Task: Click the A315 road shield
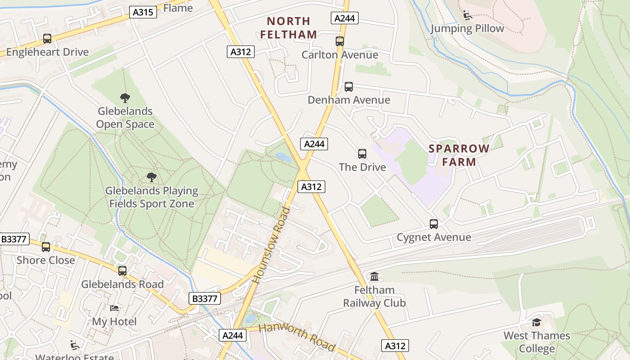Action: [x=144, y=12]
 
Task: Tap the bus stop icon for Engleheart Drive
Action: [x=47, y=39]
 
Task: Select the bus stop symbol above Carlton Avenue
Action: [x=340, y=41]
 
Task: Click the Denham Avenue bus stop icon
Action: [x=348, y=87]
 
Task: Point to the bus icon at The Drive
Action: [x=362, y=154]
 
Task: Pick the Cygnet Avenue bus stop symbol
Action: [x=434, y=224]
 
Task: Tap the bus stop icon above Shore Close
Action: [x=46, y=247]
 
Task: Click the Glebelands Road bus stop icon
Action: [x=122, y=271]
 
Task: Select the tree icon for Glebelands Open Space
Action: [x=125, y=98]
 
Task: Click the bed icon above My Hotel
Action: [x=114, y=308]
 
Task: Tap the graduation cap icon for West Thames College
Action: [x=536, y=322]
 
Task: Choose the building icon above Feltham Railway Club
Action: [x=374, y=276]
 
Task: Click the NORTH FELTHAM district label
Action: [x=288, y=27]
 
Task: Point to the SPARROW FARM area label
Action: [x=459, y=155]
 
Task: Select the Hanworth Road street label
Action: [x=297, y=337]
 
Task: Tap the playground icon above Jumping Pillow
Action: [x=468, y=15]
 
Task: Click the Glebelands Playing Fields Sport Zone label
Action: [x=152, y=197]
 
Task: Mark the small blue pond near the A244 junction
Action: [x=283, y=157]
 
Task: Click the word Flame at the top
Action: [x=178, y=8]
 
